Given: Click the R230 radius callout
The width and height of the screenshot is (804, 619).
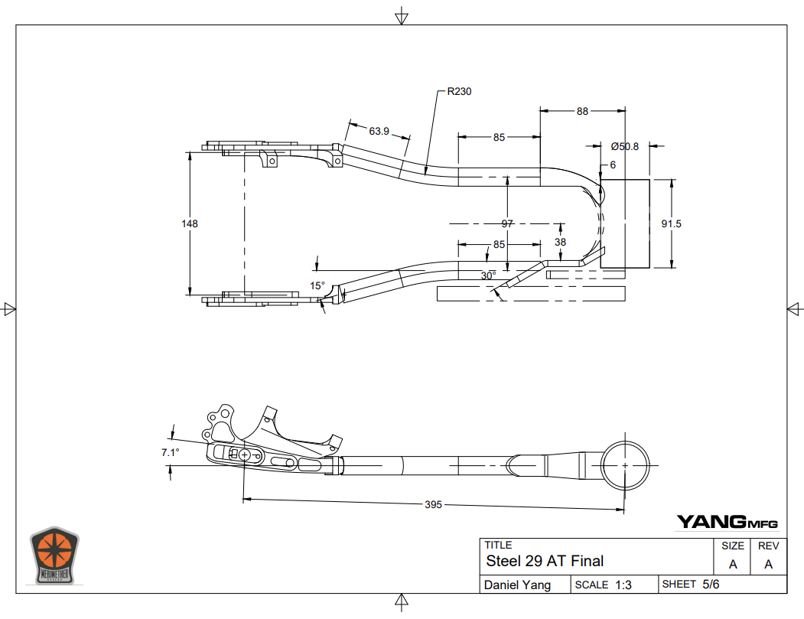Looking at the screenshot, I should tap(459, 91).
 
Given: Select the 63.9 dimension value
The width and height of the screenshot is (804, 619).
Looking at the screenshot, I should tap(379, 131).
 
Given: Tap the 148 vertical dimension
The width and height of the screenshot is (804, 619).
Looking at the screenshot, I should tap(190, 223).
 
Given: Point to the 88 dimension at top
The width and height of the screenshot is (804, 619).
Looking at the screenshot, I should tap(583, 111).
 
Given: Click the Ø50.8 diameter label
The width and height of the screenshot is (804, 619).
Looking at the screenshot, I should tap(624, 146).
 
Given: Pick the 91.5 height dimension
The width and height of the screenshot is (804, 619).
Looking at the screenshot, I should tap(671, 223).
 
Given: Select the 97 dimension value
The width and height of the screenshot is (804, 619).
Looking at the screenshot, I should tap(507, 223).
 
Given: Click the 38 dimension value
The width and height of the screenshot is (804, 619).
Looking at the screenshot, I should tap(561, 242).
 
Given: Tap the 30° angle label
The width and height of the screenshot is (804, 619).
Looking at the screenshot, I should tap(488, 275).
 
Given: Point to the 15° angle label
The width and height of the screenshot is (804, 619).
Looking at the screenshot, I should tap(317, 285).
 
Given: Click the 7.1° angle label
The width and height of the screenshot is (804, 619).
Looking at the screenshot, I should tap(170, 452).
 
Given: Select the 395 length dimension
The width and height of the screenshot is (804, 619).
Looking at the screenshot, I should tap(434, 504).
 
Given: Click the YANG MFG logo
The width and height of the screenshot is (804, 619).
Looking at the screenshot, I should tap(726, 523).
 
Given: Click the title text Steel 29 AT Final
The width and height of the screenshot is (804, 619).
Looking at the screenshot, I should tap(545, 561).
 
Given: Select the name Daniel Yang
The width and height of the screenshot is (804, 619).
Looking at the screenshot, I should tap(516, 585).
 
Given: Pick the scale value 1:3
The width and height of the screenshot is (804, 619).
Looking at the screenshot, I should tap(623, 585).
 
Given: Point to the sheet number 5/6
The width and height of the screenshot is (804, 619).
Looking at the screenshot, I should tap(711, 585).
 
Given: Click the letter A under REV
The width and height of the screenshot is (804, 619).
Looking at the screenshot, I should tap(768, 565).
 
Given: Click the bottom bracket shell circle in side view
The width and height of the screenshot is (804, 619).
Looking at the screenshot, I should tap(625, 465).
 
